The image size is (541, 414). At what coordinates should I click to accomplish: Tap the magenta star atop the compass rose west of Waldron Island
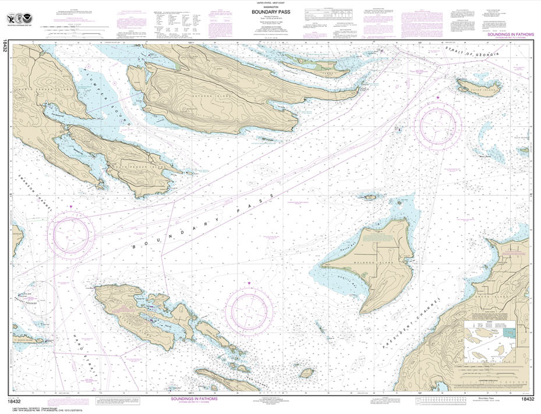[x=249, y=283]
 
